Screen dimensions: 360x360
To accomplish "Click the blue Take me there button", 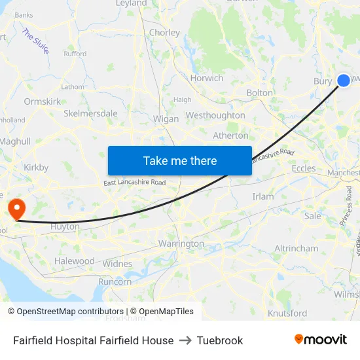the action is point(180,160).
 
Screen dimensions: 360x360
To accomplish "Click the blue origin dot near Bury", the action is point(344,81).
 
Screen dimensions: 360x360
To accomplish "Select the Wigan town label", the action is point(166,119).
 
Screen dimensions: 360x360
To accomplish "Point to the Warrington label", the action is point(181,243).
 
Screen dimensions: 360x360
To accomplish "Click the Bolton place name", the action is point(259,93).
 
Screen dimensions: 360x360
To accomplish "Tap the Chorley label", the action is point(164,33).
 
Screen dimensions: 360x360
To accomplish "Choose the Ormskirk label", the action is point(43,101).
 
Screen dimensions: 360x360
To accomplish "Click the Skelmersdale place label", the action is point(90,113).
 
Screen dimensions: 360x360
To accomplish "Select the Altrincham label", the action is point(297,249).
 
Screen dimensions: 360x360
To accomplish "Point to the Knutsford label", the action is point(287,314).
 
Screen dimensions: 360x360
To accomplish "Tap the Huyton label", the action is point(65,226).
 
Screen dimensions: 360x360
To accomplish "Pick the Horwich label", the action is point(207,78).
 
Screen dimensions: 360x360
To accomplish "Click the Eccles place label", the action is point(304,168).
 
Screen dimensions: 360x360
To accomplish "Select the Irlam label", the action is point(263,196).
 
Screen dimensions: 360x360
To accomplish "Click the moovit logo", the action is point(320,340).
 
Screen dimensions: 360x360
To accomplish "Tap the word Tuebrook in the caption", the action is point(220,340).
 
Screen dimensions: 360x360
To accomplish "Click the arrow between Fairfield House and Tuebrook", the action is point(185,340).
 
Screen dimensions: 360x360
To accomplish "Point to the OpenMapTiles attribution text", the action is point(162,312).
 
